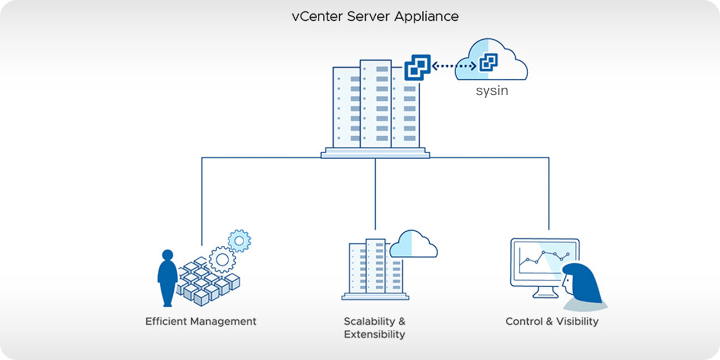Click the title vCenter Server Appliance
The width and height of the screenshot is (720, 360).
coord(375,16)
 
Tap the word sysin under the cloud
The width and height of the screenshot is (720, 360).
coord(492,91)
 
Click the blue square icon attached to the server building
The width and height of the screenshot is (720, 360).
coord(417,67)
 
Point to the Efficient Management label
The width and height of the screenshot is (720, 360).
coord(201,322)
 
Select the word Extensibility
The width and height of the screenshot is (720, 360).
coord(374,335)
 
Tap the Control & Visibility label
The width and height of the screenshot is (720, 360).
coord(552,322)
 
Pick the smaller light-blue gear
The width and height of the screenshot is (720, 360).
coord(240,241)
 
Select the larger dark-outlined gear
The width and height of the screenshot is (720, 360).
coord(222,259)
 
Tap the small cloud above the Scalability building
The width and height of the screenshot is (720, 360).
coord(413,244)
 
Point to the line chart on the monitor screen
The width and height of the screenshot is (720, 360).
coord(543,259)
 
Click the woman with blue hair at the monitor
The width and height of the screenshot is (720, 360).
coord(581,284)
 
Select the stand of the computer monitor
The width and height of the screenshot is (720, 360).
coord(544,293)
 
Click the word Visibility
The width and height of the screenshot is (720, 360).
coord(577,322)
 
